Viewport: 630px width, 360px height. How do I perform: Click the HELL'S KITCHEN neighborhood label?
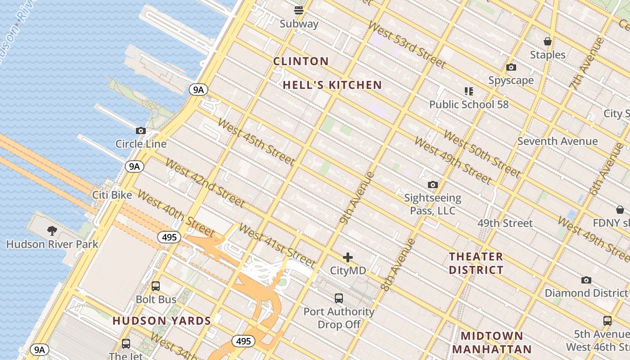tap(332, 85)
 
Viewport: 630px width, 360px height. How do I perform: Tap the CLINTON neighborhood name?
tap(301, 61)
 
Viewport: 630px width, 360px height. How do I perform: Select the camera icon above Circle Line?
tap(141, 131)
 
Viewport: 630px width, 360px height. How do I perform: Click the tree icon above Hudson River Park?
tap(52, 231)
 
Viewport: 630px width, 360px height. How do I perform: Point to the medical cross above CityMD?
tap(348, 257)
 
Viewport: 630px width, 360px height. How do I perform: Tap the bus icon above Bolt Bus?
tap(156, 286)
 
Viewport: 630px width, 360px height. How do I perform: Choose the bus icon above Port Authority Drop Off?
tap(339, 298)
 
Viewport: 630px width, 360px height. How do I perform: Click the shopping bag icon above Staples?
tap(548, 41)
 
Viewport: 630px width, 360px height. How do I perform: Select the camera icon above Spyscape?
tap(511, 67)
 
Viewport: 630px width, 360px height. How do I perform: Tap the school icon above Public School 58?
tap(469, 91)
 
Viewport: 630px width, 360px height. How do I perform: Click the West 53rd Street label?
tap(407, 44)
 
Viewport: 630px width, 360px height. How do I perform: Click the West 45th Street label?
tap(256, 141)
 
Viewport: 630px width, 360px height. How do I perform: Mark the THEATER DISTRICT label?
tap(476, 263)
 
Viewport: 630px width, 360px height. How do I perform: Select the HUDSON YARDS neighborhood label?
tap(162, 321)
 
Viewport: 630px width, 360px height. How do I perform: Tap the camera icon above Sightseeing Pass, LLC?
tap(433, 185)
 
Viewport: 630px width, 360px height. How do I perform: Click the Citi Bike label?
tap(112, 195)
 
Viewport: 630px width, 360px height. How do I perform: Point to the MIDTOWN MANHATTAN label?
tap(492, 342)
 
